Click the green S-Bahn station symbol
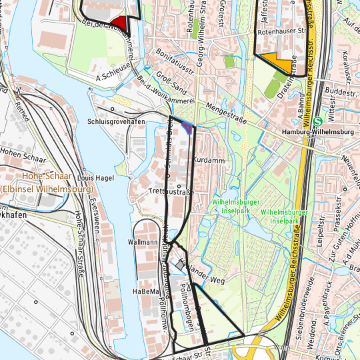click(x=318, y=122)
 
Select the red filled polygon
click(x=119, y=23)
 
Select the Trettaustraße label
click(x=171, y=192)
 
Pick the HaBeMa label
click(x=145, y=292)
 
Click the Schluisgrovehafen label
click(x=116, y=122)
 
